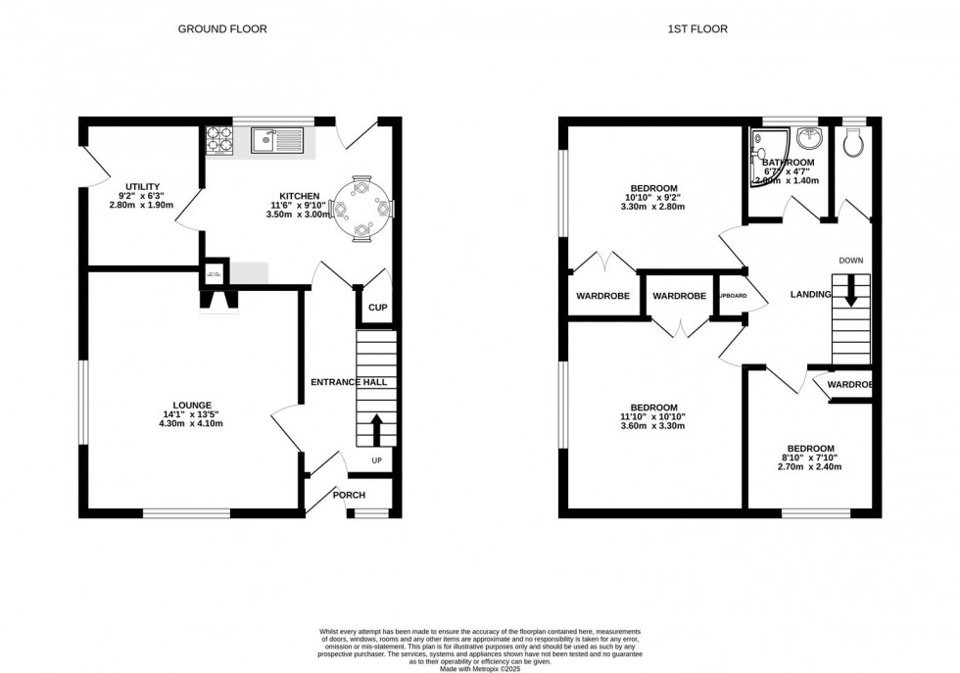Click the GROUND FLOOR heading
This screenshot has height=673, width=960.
coord(221,29)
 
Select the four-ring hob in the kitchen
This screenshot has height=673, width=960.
coord(219,142)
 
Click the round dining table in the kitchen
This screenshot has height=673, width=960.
coord(363,207)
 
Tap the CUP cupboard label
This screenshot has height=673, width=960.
coord(377,308)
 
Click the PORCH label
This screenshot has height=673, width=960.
coord(349,495)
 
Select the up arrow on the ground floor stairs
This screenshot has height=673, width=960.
coord(377,429)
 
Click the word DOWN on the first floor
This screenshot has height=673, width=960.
coord(850,260)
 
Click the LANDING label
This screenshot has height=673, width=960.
coord(811,295)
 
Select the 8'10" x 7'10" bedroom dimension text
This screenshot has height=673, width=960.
coord(809,457)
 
